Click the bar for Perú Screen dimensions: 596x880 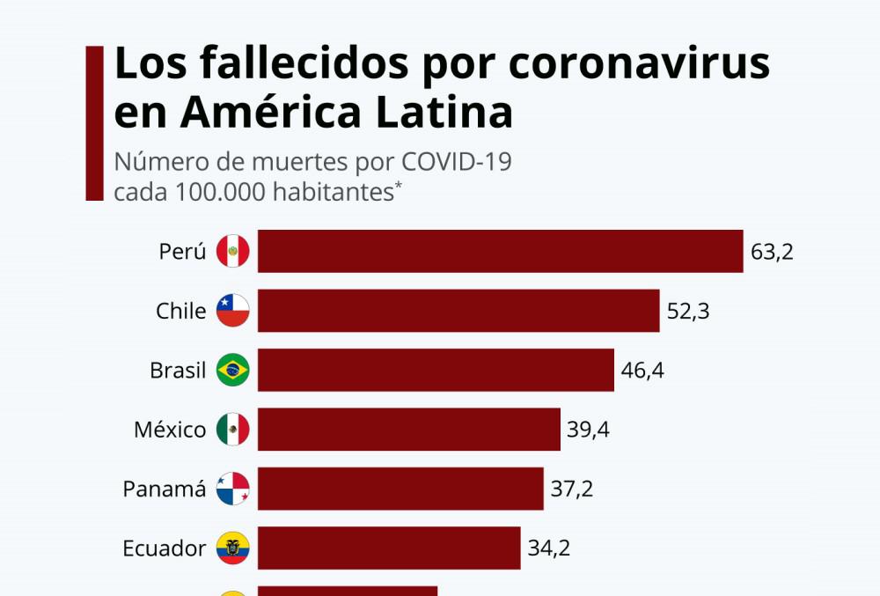pyautogui.click(x=500, y=252)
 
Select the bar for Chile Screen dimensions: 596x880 pyautogui.click(x=458, y=311)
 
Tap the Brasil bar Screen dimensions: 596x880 pyautogui.click(x=435, y=370)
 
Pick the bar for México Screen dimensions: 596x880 pyautogui.click(x=408, y=430)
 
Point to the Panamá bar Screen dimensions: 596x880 pyautogui.click(x=400, y=489)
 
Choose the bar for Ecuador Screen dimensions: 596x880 pyautogui.click(x=388, y=548)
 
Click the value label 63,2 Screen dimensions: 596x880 pyautogui.click(x=772, y=253)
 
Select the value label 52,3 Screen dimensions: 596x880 pyautogui.click(x=688, y=312)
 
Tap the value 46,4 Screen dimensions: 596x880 pyautogui.click(x=642, y=371)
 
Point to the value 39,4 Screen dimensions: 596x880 pyautogui.click(x=589, y=430)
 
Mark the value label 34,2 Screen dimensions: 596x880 pyautogui.click(x=549, y=548)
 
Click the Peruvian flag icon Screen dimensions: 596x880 pyautogui.click(x=233, y=252)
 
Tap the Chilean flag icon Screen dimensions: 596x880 pyautogui.click(x=233, y=311)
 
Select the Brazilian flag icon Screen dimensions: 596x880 pyautogui.click(x=233, y=370)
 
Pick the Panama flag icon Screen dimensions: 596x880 pyautogui.click(x=233, y=489)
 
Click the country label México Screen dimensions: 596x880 pyautogui.click(x=170, y=430)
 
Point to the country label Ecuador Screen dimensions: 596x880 pyautogui.click(x=165, y=548)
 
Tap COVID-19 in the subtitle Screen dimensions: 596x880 pyautogui.click(x=457, y=163)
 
